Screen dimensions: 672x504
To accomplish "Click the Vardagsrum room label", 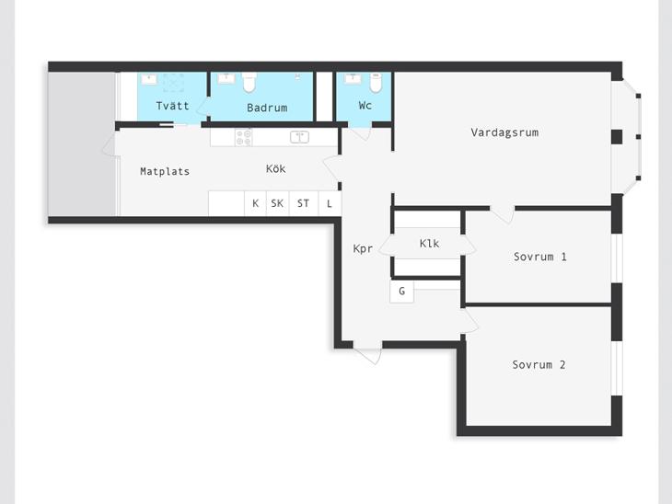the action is (504, 132).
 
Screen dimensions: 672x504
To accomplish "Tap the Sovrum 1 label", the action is (540, 257).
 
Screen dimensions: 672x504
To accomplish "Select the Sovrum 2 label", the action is (539, 365).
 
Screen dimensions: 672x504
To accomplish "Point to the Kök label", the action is (275, 168).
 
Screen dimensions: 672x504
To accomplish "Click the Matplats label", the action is (165, 171).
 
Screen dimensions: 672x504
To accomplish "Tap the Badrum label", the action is (267, 108).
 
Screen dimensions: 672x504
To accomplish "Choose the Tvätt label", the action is (172, 106).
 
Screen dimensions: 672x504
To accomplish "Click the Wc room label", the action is (365, 106).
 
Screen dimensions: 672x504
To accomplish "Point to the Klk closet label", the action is (429, 243).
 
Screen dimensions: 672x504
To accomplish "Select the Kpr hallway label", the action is (363, 249).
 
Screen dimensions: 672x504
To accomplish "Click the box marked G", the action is (401, 292).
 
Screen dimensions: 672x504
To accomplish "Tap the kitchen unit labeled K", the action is (255, 203).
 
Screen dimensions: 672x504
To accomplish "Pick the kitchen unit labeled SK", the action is (277, 203).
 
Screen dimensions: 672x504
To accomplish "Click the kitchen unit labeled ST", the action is (304, 203).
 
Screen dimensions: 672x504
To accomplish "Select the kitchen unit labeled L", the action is (330, 203).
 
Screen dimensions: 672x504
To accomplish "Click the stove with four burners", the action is (244, 138).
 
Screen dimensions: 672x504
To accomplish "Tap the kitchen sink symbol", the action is (299, 137).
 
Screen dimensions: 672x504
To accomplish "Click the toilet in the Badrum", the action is (249, 82).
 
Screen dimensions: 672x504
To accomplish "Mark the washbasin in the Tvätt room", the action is (149, 79).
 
